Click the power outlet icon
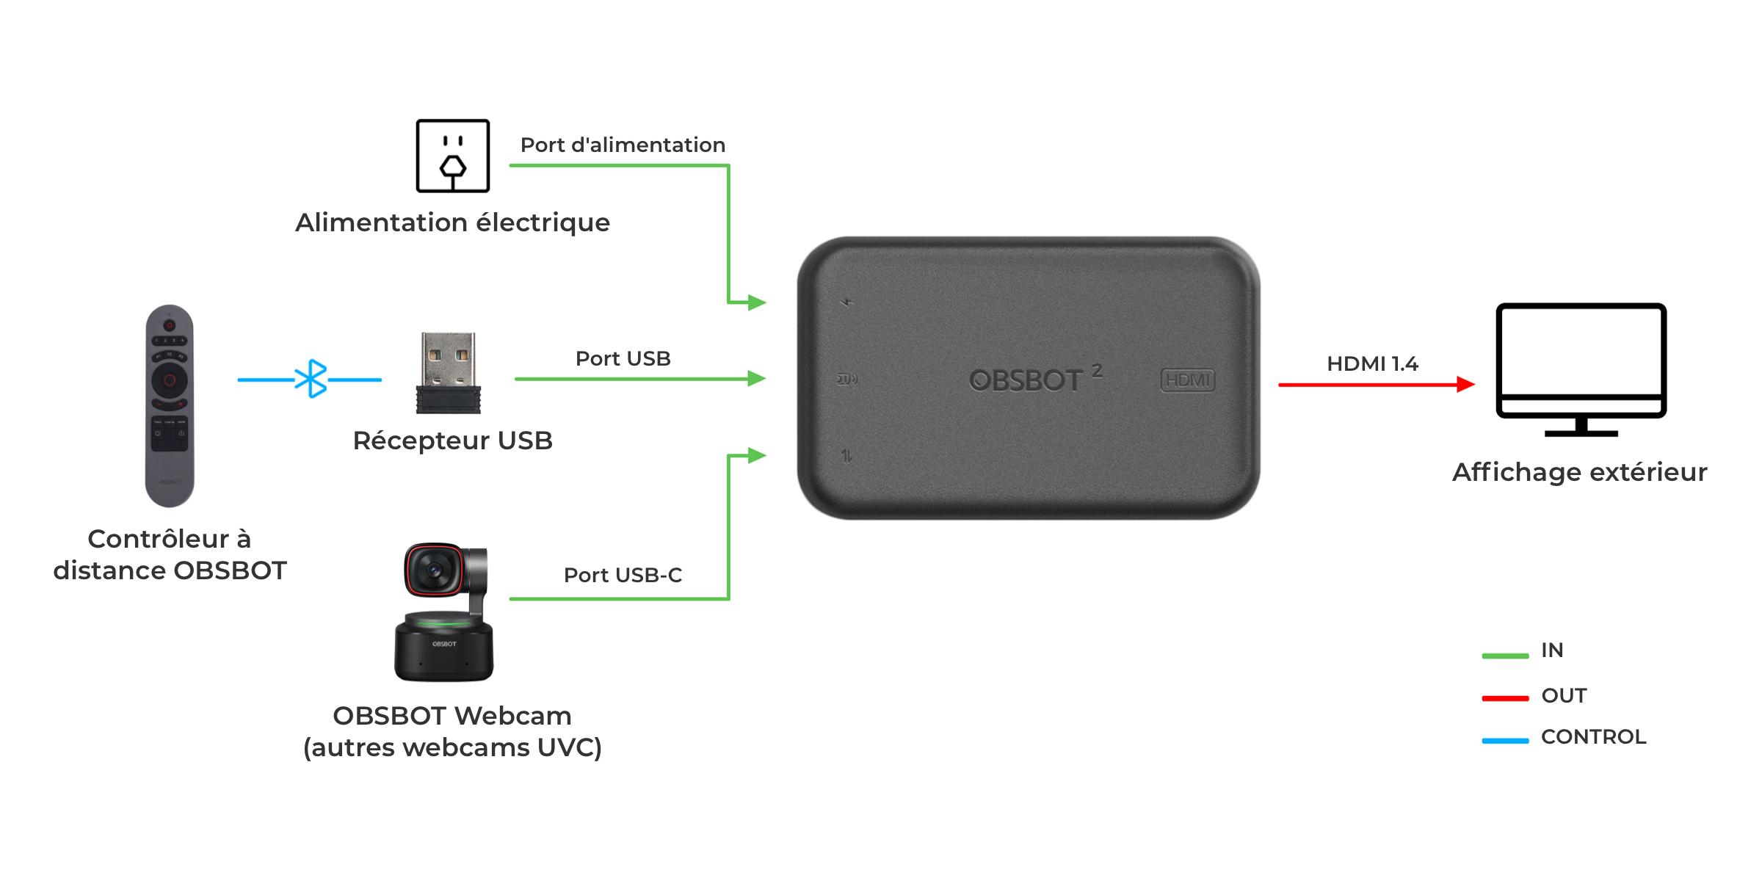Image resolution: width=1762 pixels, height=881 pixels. (x=452, y=156)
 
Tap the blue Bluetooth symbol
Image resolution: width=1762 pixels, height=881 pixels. (x=311, y=379)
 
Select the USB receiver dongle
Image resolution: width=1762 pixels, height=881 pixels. (x=448, y=373)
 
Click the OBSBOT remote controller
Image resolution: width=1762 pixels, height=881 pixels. (x=170, y=406)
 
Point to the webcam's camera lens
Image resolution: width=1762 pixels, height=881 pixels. (x=433, y=570)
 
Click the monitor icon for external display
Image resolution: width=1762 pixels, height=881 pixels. (x=1581, y=369)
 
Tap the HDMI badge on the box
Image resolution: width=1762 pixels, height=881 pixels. (x=1187, y=380)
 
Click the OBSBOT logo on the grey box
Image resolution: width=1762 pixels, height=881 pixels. (x=1035, y=379)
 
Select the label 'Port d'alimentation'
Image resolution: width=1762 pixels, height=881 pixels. (x=623, y=145)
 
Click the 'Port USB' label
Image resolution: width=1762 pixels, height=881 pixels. (x=623, y=358)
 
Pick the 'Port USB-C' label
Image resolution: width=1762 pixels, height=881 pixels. (x=623, y=575)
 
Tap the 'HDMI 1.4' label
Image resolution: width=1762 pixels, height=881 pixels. (x=1372, y=363)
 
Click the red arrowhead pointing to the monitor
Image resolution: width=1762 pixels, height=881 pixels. (x=1465, y=384)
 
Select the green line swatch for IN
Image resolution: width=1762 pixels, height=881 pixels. (x=1505, y=656)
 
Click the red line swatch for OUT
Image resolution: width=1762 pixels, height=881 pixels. (x=1505, y=698)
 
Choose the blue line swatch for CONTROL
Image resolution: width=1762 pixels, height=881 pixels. (x=1505, y=741)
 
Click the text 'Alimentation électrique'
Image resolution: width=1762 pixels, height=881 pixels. (x=452, y=222)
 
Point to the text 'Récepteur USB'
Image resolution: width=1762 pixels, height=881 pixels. (x=452, y=440)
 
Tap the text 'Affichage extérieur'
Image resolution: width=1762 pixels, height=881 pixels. (x=1580, y=472)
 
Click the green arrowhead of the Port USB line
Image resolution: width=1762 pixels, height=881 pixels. (x=757, y=379)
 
